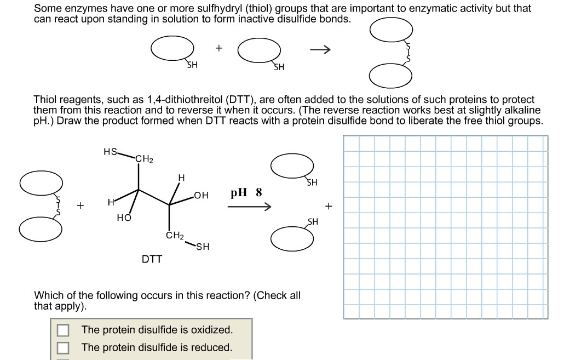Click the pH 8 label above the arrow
[246, 193]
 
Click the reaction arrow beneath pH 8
[250, 207]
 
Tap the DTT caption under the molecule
[152, 259]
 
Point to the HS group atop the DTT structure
[110, 152]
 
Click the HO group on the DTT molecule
[124, 218]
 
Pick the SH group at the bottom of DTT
[203, 247]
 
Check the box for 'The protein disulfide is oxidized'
[64, 330]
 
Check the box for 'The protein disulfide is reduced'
[64, 347]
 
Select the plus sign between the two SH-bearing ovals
[218, 48]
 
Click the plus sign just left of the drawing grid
[329, 207]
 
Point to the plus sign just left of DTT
[80, 207]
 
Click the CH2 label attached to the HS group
[145, 159]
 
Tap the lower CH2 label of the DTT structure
[174, 236]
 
